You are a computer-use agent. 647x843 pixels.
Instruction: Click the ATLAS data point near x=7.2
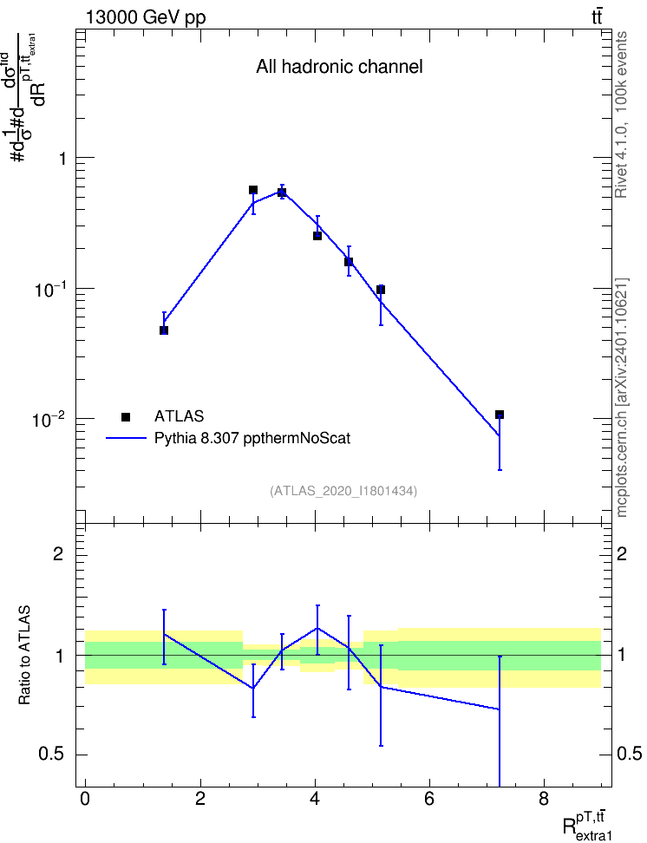499,415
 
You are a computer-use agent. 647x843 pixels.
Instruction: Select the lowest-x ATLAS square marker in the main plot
164,330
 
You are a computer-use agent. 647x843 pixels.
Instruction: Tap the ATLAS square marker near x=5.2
381,290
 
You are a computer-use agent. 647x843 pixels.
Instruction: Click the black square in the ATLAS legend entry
126,416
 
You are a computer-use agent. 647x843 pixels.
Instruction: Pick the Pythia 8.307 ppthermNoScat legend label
252,438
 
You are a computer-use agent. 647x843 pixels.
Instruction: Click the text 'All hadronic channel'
339,67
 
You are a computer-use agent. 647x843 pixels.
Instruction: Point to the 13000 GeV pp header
146,17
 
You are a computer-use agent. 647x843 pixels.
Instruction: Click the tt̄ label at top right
597,16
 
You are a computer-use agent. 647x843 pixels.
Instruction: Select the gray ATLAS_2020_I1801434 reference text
343,491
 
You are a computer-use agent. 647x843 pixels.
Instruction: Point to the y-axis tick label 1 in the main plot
62,159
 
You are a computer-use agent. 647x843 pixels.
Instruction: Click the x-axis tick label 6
429,799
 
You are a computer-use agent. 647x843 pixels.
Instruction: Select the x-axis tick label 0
85,799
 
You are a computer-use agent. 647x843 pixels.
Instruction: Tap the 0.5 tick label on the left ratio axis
51,755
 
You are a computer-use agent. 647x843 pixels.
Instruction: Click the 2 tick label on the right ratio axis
622,553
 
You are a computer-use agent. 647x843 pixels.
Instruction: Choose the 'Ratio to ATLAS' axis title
24,655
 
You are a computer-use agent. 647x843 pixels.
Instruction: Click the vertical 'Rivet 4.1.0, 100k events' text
621,115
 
